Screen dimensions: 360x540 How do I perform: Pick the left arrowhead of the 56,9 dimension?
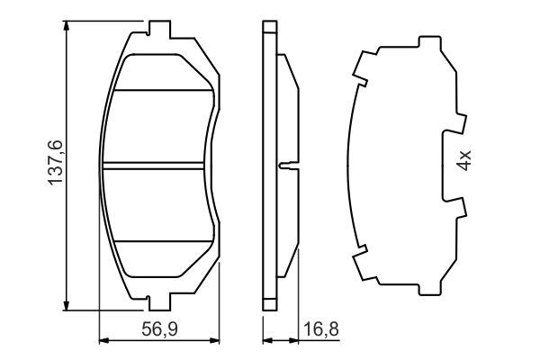tap(102, 340)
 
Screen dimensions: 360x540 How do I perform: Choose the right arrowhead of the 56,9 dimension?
tap(217, 340)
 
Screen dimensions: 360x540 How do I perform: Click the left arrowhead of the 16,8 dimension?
tap(266, 340)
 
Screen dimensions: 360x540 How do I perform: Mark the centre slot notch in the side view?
tap(285, 165)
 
